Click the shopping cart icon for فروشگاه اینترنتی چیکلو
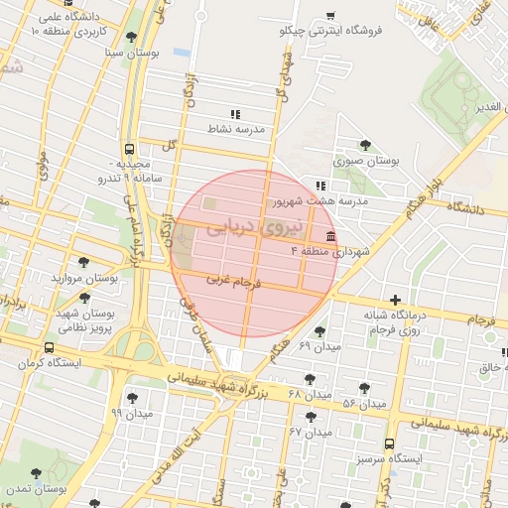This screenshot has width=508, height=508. pyautogui.click(x=330, y=16)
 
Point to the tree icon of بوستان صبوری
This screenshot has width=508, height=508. pyautogui.click(x=366, y=145)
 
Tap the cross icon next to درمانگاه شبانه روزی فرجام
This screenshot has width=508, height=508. pyautogui.click(x=396, y=300)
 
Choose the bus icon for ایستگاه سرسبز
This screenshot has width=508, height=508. pyautogui.click(x=389, y=444)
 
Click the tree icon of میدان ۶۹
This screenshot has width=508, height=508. pyautogui.click(x=319, y=331)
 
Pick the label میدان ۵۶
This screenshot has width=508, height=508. pyautogui.click(x=363, y=404)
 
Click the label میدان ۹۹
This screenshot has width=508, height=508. pyautogui.click(x=130, y=412)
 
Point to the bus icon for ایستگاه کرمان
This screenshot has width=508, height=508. pyautogui.click(x=50, y=348)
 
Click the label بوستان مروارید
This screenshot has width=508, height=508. pyautogui.click(x=84, y=280)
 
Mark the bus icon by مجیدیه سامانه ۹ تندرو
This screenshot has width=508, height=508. pyautogui.click(x=132, y=146)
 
